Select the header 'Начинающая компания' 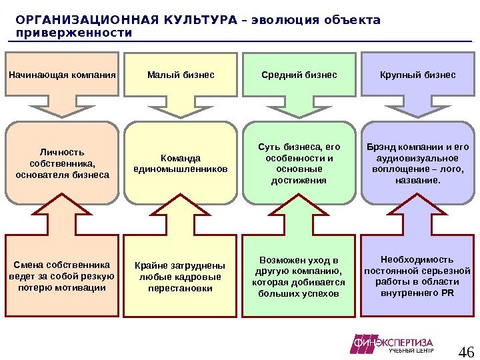(62, 75)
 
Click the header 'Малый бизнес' (181, 75)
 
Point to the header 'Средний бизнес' (299, 75)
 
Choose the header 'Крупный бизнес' (418, 75)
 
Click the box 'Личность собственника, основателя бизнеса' (62, 163)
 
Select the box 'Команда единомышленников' (181, 163)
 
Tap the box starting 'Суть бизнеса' (299, 163)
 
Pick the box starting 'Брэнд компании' (418, 163)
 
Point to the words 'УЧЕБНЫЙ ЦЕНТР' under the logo (411, 351)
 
